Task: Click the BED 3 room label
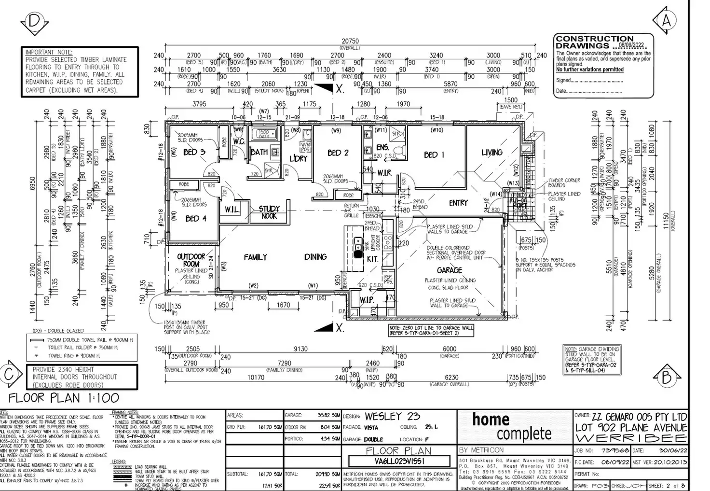[x=194, y=152]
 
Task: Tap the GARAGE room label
[x=449, y=270]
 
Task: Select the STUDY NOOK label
[x=269, y=212]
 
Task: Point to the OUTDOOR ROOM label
[x=191, y=260]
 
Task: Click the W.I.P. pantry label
[x=367, y=300]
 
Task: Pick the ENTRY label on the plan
[x=458, y=203]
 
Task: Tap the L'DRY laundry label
[x=299, y=158]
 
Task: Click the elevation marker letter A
[x=667, y=21]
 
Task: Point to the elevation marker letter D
[x=33, y=21]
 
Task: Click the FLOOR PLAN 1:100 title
[x=64, y=398]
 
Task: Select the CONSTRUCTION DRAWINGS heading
[x=594, y=42]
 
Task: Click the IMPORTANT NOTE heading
[x=49, y=52]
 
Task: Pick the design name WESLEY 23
[x=392, y=417]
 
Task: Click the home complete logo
[x=512, y=426]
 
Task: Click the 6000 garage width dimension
[x=449, y=349]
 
